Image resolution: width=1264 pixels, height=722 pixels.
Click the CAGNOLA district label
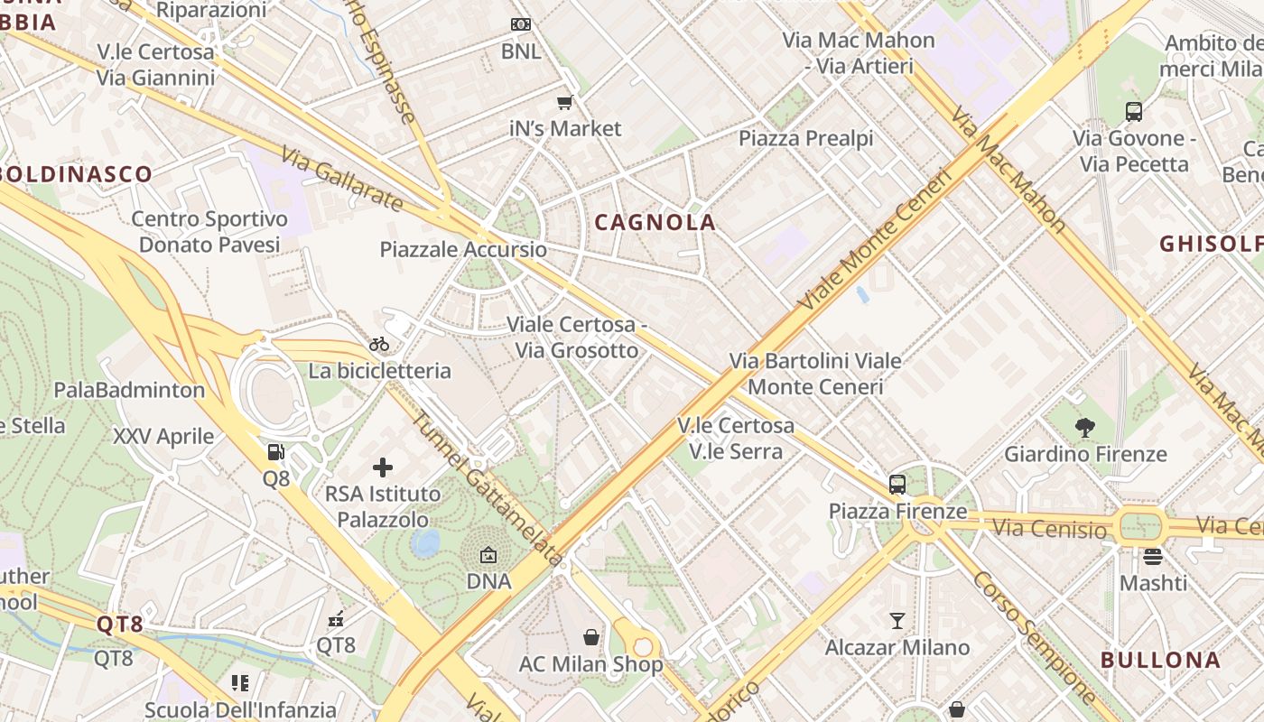(x=655, y=222)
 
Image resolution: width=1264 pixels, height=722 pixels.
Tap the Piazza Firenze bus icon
(x=897, y=485)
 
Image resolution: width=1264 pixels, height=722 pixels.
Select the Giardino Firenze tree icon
(x=1085, y=428)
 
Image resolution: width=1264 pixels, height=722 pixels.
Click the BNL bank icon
(x=521, y=24)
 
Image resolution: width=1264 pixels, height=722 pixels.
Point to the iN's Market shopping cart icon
(x=565, y=103)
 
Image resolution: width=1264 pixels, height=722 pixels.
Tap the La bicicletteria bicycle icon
(x=379, y=344)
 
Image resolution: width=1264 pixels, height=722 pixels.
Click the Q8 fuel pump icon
(x=276, y=452)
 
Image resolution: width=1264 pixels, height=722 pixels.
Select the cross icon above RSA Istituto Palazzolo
(x=383, y=467)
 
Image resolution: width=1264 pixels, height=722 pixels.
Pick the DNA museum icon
(x=488, y=555)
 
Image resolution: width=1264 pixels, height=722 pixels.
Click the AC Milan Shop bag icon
(x=590, y=638)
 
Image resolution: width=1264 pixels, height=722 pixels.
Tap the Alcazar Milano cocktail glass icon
(x=897, y=621)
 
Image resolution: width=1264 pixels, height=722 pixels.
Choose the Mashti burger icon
(x=1153, y=557)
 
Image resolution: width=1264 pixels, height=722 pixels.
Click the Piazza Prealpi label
(x=806, y=138)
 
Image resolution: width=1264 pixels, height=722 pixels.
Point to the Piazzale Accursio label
(x=463, y=249)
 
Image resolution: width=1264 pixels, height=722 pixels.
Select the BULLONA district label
(x=1160, y=659)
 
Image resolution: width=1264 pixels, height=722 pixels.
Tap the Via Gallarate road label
(x=341, y=180)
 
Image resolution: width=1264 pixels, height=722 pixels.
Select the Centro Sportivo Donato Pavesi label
(x=209, y=231)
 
